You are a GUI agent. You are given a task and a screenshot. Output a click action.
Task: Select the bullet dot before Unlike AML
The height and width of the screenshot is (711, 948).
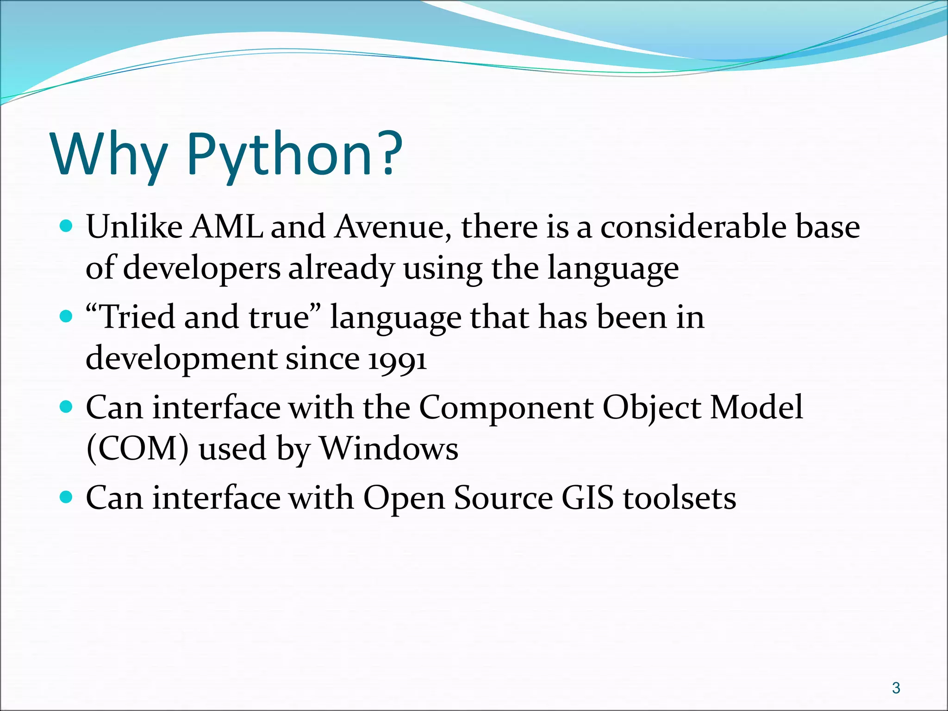tap(67, 226)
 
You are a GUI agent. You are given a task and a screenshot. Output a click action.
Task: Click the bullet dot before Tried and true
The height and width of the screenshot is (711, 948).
tap(67, 317)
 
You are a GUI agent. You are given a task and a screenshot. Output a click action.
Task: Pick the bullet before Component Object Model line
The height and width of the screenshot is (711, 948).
tap(67, 407)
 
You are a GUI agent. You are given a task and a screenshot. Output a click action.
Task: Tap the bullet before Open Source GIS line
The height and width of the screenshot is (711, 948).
tap(67, 497)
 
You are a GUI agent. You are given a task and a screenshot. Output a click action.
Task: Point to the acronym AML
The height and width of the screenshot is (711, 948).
tap(226, 227)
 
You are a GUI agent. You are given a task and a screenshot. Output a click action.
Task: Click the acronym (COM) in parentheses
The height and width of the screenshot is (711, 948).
tap(137, 448)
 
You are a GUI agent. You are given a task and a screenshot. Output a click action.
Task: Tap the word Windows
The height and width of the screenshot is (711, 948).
tap(389, 448)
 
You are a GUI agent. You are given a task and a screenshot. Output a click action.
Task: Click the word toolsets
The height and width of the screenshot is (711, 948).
tap(680, 498)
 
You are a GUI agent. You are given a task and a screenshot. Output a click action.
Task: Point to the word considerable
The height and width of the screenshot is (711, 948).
tap(692, 227)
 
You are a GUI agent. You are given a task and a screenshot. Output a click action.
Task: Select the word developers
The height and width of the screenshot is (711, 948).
tap(202, 268)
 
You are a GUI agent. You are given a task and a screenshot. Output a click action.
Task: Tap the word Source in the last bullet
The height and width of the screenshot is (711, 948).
tap(503, 498)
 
